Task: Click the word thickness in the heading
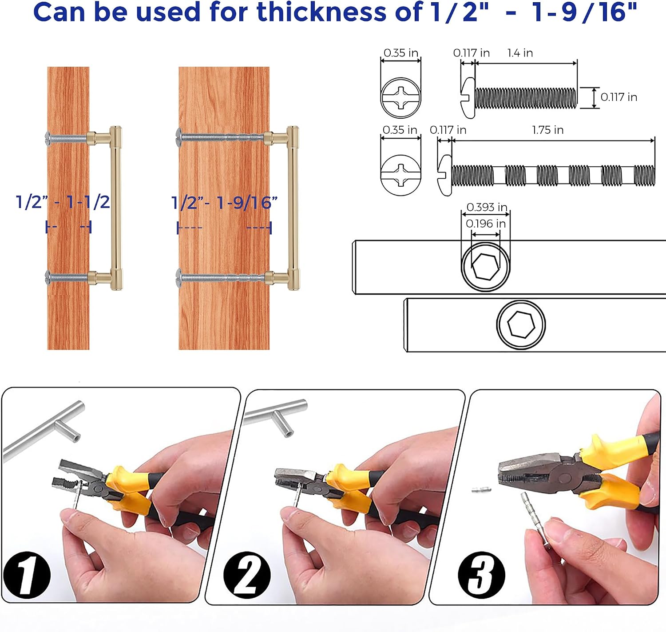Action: [x=321, y=12]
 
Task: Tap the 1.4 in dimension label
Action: [x=520, y=53]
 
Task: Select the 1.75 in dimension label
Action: [x=548, y=130]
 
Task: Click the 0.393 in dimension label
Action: [x=487, y=207]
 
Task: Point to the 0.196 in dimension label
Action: [x=486, y=224]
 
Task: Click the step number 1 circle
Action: [x=27, y=575]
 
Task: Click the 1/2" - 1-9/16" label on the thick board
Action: [x=224, y=203]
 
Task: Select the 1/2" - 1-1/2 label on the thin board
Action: [x=63, y=202]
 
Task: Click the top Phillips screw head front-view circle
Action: [x=401, y=98]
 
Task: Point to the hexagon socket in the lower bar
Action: [x=521, y=324]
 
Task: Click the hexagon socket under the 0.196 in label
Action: [x=485, y=267]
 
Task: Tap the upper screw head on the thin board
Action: [x=48, y=139]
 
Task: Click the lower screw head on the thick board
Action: [x=178, y=278]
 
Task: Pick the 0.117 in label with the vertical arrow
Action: [x=619, y=97]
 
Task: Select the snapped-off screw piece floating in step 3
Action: [x=481, y=489]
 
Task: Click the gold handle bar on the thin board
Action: [x=116, y=208]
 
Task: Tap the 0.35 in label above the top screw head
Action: [x=401, y=53]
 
